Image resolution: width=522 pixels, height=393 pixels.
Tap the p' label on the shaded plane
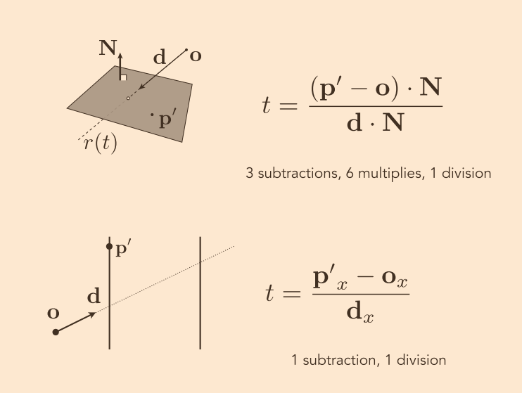(166, 119)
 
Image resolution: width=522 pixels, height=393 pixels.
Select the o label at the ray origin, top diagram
(195, 56)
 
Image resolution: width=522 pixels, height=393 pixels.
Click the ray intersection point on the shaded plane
(128, 98)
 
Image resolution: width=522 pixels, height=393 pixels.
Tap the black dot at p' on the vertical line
(109, 246)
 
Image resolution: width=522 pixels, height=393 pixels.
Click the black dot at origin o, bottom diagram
(56, 332)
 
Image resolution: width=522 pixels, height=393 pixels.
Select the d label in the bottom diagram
(93, 297)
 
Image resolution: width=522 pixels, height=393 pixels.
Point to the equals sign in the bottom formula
(291, 294)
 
